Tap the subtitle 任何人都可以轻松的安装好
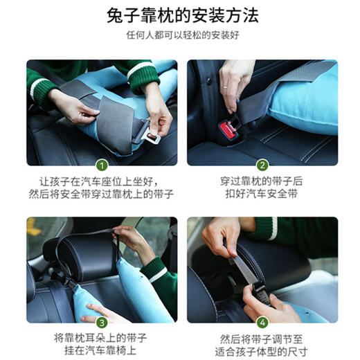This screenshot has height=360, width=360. click(x=182, y=36)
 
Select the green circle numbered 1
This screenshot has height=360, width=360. click(x=101, y=165)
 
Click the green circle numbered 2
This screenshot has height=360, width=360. click(x=262, y=165)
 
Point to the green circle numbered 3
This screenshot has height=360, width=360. click(x=101, y=322)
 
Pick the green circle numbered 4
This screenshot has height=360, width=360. click(x=262, y=322)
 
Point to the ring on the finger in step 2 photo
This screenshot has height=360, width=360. click(x=224, y=88)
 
